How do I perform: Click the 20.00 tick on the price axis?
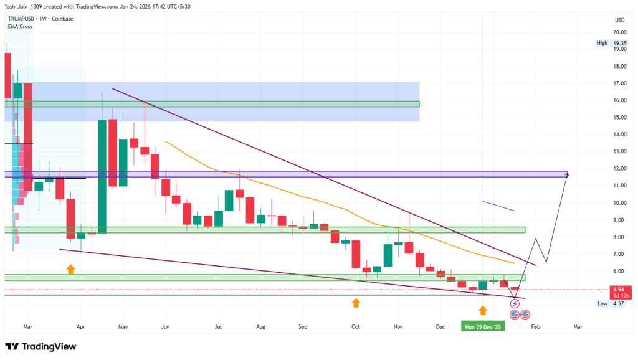(x=619, y=32)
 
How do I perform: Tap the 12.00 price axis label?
(x=619, y=169)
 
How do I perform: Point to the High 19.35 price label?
(x=611, y=43)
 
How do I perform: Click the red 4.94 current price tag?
(x=619, y=290)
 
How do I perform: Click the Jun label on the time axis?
(x=165, y=326)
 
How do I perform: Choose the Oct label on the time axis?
(x=356, y=326)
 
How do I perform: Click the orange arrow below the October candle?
(x=356, y=303)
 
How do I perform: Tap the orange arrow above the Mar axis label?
(x=70, y=269)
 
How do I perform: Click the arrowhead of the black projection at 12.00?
(x=567, y=174)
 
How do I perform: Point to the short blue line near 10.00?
(x=498, y=206)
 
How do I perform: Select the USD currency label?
(x=619, y=20)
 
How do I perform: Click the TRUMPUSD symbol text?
(x=19, y=19)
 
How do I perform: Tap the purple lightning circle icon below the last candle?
(x=515, y=303)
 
